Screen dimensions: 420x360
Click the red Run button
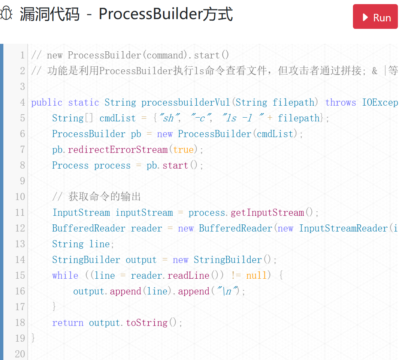[x=375, y=17]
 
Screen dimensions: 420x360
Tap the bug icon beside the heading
[x=6, y=14]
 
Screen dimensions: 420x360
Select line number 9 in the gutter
[x=22, y=181]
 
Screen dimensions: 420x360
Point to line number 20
[x=20, y=354]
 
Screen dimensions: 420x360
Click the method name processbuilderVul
[x=186, y=102]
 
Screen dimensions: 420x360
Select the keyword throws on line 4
[x=341, y=102]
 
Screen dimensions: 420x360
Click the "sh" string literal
[x=167, y=118]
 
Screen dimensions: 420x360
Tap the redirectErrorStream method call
[x=118, y=149]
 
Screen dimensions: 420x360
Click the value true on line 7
[x=184, y=149]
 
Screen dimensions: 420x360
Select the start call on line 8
[x=175, y=165]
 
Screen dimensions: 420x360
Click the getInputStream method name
[x=267, y=212]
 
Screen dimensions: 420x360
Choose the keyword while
[x=65, y=275]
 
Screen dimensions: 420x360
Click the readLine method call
[x=188, y=275]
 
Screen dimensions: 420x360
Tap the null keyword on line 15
[x=256, y=275]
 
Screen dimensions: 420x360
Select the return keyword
[x=68, y=323]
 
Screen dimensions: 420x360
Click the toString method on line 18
[x=146, y=323]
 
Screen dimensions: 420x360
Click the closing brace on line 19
[x=33, y=338]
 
